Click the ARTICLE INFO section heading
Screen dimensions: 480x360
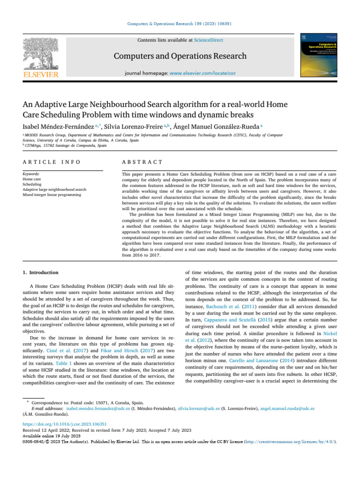(52, 162)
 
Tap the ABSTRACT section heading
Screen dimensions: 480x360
(142, 162)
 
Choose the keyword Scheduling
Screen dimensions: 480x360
(32, 184)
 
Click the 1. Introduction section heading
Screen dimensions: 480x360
(41, 272)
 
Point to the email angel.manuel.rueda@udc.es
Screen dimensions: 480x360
(287, 408)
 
